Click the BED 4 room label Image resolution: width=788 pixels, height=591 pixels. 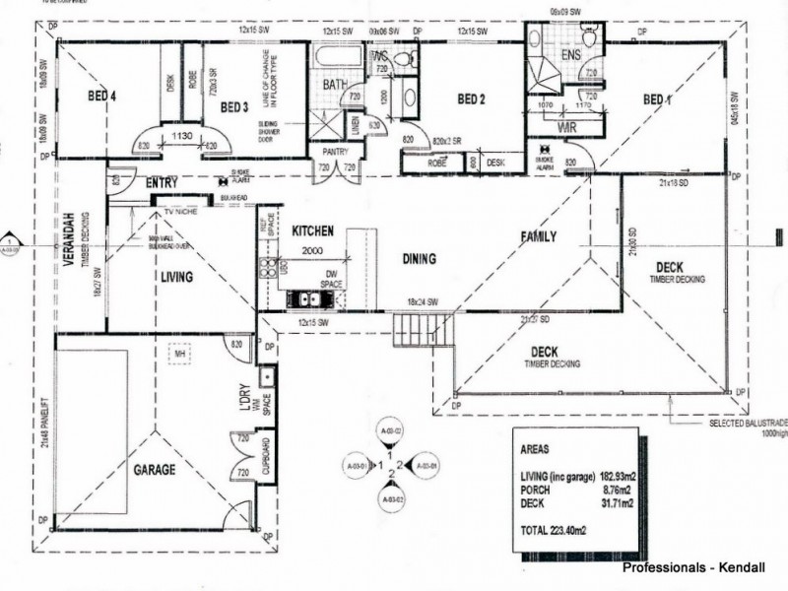[x=101, y=96]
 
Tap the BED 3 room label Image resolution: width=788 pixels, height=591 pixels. [x=234, y=106]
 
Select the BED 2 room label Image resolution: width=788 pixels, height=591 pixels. [x=472, y=98]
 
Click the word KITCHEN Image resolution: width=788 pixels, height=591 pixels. [x=313, y=230]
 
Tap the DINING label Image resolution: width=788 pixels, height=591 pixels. [x=421, y=260]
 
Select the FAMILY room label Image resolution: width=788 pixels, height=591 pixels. [x=539, y=236]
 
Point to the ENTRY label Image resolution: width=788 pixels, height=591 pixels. [x=161, y=184]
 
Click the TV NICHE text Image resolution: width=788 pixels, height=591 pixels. [x=181, y=211]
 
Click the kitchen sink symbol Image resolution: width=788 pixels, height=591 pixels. [x=303, y=297]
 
